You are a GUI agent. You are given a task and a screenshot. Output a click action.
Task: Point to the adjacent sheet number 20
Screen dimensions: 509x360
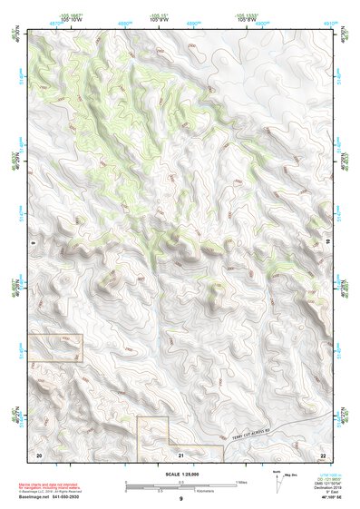point(38,453)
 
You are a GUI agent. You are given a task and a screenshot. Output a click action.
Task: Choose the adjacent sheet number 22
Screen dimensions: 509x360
point(323,453)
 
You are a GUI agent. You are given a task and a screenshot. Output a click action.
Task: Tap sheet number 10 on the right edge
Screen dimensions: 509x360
point(327,243)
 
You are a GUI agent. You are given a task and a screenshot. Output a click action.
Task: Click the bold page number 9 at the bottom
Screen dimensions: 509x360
point(180,500)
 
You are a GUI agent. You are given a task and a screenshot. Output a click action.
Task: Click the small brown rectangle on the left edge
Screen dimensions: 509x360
point(56,347)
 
